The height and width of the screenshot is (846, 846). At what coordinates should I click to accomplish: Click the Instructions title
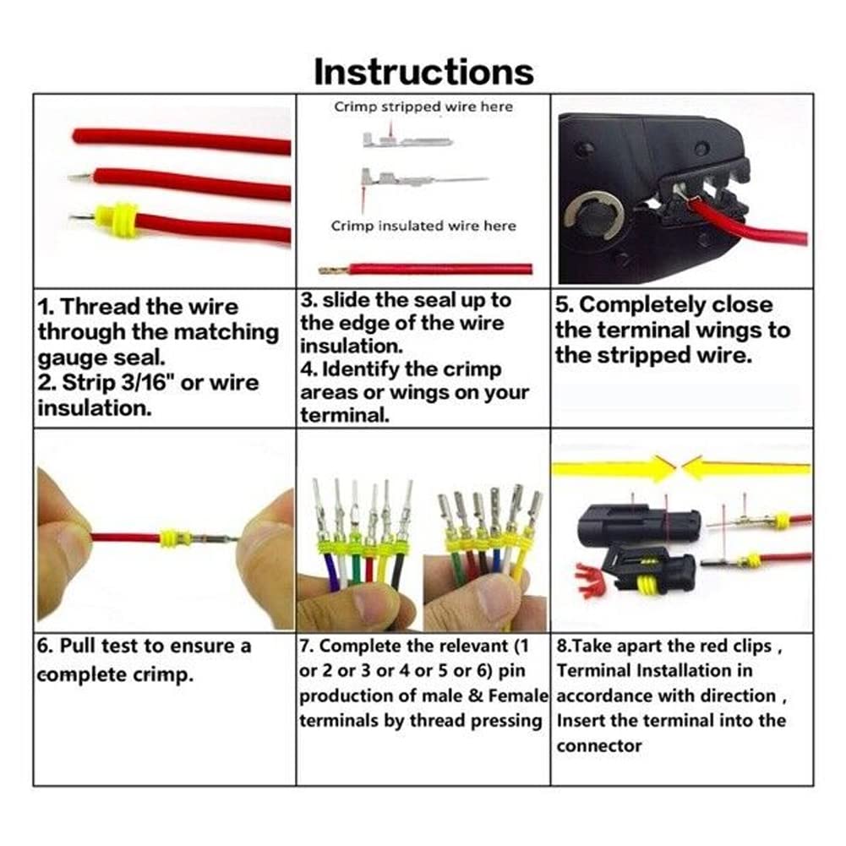click(423, 72)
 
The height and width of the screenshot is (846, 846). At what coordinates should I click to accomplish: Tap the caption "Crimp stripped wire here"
click(423, 106)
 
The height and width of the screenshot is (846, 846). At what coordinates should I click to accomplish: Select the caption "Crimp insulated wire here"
click(423, 226)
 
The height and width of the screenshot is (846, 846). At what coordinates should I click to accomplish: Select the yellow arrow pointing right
click(614, 467)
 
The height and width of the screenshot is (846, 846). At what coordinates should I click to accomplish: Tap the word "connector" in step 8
click(599, 745)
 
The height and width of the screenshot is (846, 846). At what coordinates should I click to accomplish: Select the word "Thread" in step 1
click(101, 307)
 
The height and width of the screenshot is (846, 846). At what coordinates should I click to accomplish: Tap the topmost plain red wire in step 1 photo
click(181, 140)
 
